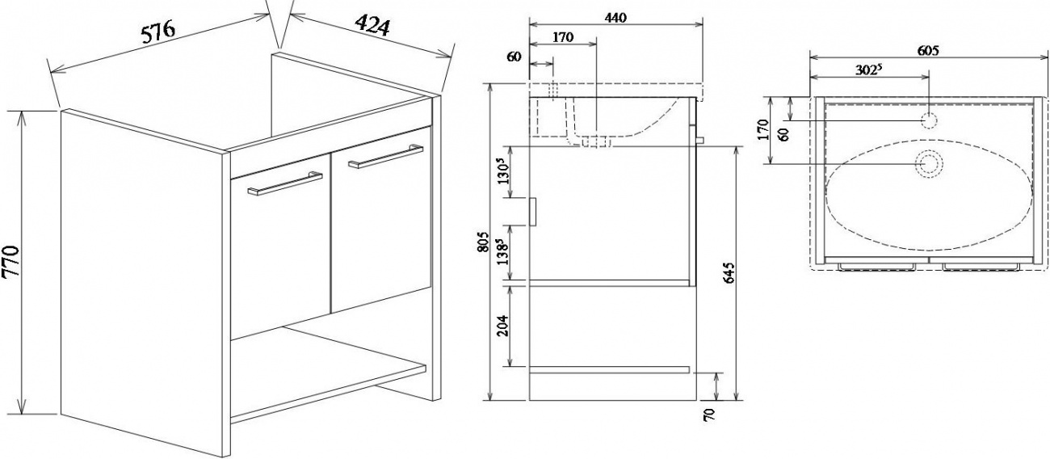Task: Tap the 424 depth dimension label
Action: pyautogui.click(x=372, y=25)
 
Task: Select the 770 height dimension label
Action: pyautogui.click(x=10, y=262)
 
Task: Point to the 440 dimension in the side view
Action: pyautogui.click(x=615, y=17)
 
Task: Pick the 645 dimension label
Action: pyautogui.click(x=729, y=273)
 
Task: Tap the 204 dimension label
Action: pyautogui.click(x=503, y=325)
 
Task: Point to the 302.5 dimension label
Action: pyautogui.click(x=869, y=69)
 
